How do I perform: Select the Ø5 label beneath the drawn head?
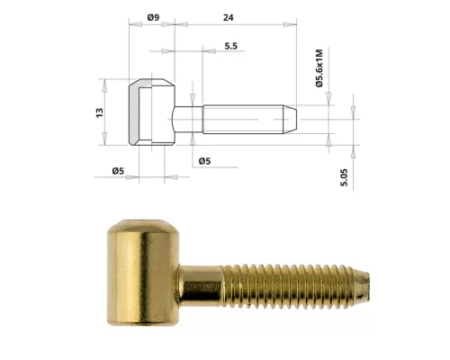[117, 169]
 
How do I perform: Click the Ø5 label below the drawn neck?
[204, 161]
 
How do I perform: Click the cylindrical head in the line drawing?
[151, 113]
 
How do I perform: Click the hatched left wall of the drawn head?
[132, 114]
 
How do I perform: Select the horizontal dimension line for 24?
[234, 31]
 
